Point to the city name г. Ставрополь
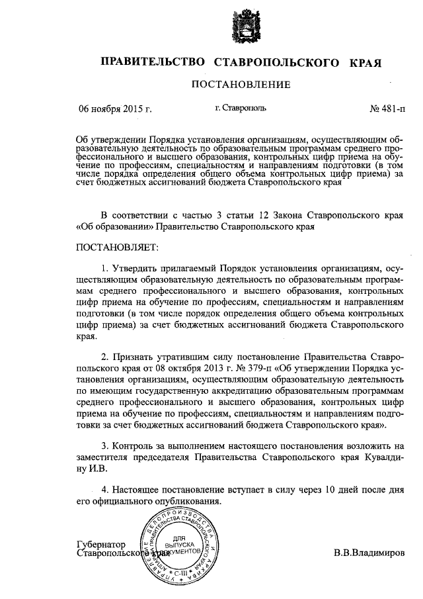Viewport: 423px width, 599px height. (241, 109)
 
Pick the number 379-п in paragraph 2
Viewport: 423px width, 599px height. (258, 369)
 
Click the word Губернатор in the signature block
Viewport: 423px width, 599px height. (100, 542)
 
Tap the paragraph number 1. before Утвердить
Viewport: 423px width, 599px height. (106, 269)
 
